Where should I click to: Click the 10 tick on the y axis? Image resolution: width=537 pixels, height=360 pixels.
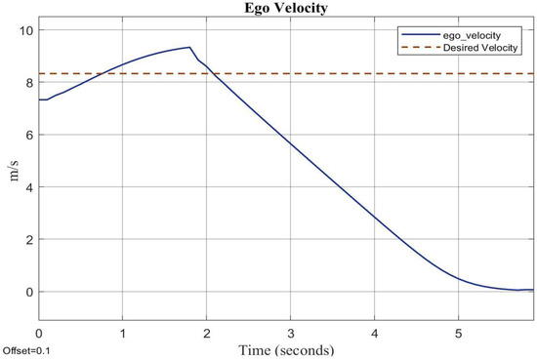[25, 30]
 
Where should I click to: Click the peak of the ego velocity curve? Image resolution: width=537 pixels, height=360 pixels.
[188, 47]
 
